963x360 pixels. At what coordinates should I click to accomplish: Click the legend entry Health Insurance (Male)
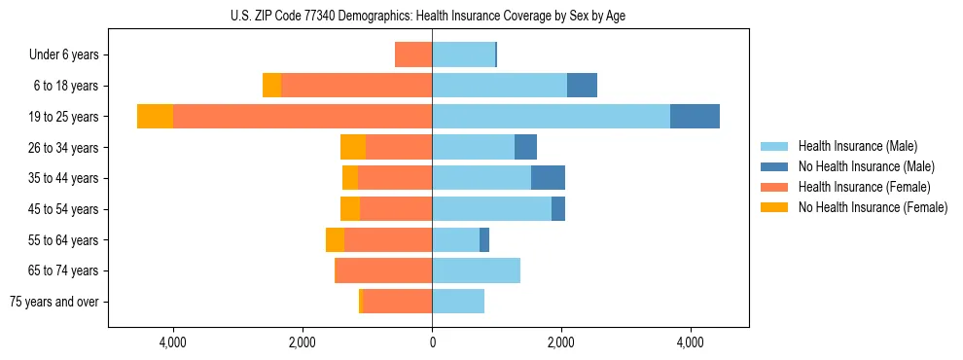[x=857, y=146]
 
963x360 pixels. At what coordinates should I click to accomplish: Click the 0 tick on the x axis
[x=432, y=343]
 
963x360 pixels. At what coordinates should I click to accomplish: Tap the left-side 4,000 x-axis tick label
[x=173, y=343]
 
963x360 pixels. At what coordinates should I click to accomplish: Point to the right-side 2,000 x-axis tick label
[x=561, y=343]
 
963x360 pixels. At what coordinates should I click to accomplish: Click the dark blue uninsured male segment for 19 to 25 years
[x=695, y=117]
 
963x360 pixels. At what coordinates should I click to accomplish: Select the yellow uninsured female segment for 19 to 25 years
[x=155, y=117]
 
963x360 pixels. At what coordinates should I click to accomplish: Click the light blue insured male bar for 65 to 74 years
[x=476, y=270]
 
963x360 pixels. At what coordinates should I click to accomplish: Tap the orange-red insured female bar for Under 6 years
[x=413, y=54]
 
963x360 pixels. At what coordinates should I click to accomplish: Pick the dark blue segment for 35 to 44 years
[x=548, y=178]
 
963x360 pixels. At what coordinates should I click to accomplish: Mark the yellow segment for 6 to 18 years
[x=271, y=86]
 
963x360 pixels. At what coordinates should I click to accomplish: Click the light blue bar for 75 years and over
[x=458, y=302]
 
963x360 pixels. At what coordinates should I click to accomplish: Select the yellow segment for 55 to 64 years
[x=335, y=240]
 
